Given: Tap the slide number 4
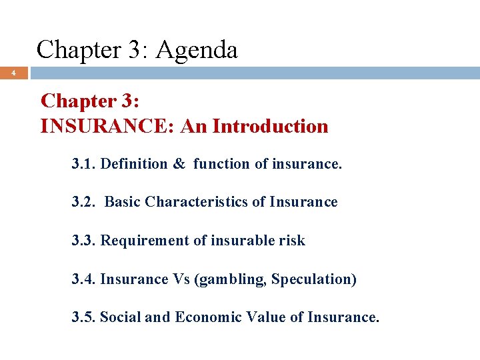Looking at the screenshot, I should coord(14,73).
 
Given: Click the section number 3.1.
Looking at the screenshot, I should coord(84,164).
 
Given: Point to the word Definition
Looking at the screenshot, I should coord(134,164).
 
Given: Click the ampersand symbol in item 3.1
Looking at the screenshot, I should coord(179,164).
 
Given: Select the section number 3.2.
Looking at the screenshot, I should coord(84,202).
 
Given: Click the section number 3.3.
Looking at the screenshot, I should coord(84,241).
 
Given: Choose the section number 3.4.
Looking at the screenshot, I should coord(84,279).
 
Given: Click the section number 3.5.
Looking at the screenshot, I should coord(84,317).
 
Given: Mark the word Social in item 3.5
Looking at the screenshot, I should coord(120,317).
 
